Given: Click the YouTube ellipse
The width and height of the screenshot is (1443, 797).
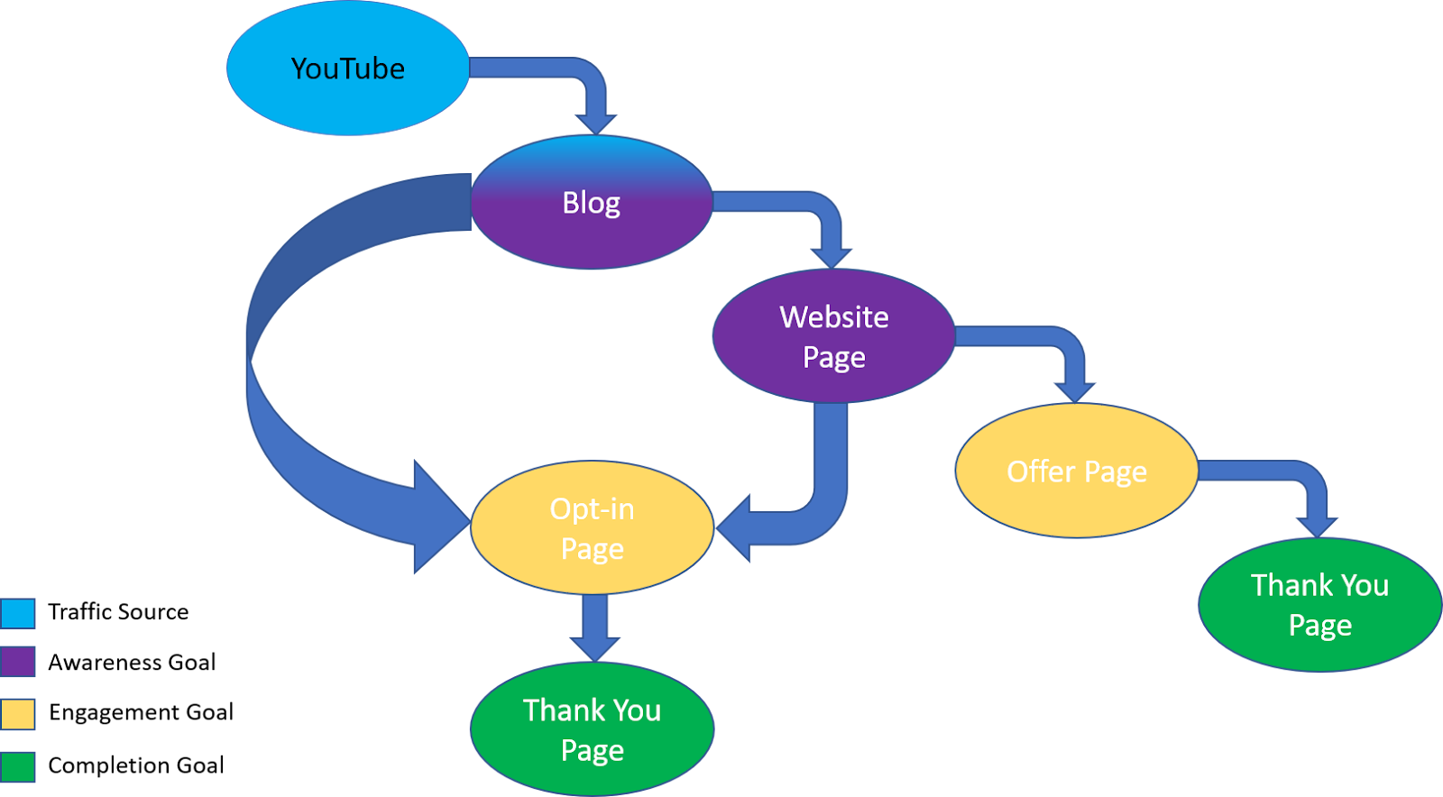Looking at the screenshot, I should click(347, 69).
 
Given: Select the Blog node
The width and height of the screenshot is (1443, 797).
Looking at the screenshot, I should click(592, 203).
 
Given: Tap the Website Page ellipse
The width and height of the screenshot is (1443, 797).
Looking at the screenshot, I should click(833, 336).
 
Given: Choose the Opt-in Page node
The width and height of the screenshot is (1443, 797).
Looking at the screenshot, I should click(592, 528).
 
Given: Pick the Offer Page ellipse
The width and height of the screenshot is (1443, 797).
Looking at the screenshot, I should click(1076, 471).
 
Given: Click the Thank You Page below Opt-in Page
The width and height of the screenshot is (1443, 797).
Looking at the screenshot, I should click(592, 729).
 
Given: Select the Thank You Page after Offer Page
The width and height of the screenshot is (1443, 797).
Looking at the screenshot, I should click(1319, 605).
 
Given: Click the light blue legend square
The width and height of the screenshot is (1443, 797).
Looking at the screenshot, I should click(18, 613).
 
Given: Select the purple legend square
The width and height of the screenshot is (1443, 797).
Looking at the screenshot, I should click(18, 662).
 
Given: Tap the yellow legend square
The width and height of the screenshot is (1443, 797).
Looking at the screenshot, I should click(18, 714).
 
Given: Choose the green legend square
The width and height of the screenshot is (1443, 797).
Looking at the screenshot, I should click(18, 766).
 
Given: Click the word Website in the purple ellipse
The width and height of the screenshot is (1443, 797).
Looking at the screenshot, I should click(833, 317).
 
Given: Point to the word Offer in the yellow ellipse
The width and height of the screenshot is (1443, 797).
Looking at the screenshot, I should click(1041, 472).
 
